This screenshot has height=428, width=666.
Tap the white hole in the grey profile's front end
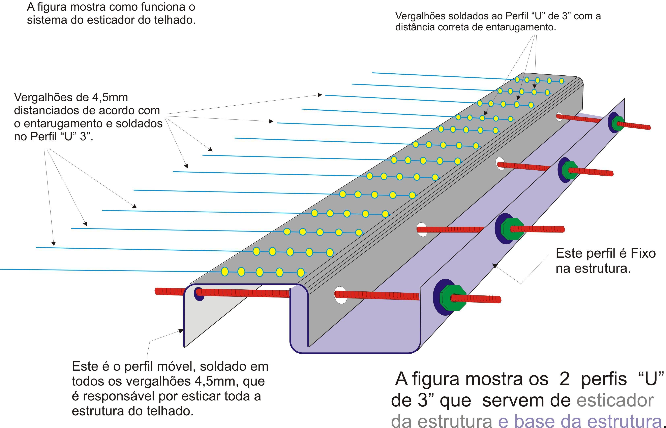point(340,295)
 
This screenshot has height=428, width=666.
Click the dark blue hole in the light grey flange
point(199,294)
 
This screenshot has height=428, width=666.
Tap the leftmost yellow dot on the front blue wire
point(224,271)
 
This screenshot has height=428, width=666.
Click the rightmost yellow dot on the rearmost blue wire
point(561,81)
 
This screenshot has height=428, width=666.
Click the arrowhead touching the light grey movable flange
point(181,331)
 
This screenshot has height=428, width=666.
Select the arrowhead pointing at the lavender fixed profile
point(495,266)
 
